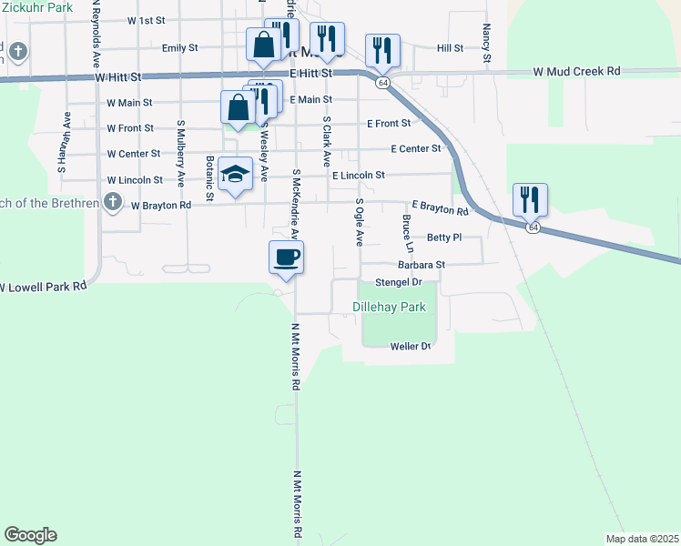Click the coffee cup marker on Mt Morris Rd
click(x=286, y=258)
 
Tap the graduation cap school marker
click(x=235, y=175)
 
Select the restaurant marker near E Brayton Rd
click(x=530, y=199)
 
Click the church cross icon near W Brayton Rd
click(x=112, y=202)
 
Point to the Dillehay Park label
click(x=390, y=308)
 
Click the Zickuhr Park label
click(x=36, y=6)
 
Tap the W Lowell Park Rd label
click(x=43, y=286)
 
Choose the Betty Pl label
click(x=444, y=237)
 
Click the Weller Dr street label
click(x=409, y=347)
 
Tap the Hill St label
click(x=450, y=47)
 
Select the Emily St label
click(x=179, y=47)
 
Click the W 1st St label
click(x=147, y=19)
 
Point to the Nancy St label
click(x=487, y=44)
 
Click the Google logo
click(x=30, y=535)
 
